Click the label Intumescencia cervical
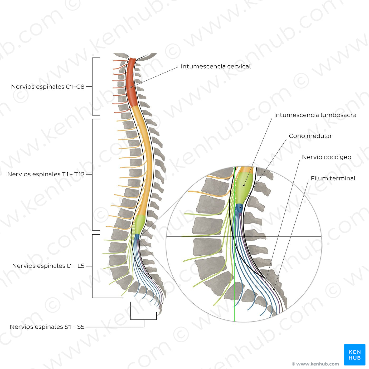click(x=216, y=66)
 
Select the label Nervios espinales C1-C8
click(x=48, y=87)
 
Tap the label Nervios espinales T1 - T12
click(x=46, y=174)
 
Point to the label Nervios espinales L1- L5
click(x=48, y=266)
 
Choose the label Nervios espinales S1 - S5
click(x=47, y=327)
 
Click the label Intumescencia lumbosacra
click(x=315, y=115)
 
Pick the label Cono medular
click(x=310, y=136)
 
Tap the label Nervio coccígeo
click(x=326, y=157)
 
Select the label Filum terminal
click(x=333, y=178)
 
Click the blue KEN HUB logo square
click(x=355, y=355)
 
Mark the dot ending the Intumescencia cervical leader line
click(x=131, y=87)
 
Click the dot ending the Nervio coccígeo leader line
click(x=265, y=282)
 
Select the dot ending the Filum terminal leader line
click(x=274, y=289)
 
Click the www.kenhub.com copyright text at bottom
click(x=315, y=364)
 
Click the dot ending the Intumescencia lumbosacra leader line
click(x=244, y=185)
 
